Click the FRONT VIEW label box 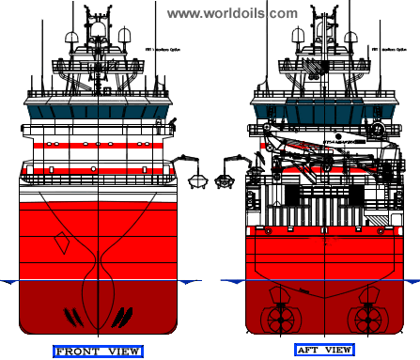coord(97,352)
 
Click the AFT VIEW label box coord(324,351)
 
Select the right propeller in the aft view coord(364,318)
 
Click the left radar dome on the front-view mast coord(72,39)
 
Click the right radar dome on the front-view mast coord(123,39)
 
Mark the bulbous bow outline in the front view coord(98,301)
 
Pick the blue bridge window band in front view coord(97,109)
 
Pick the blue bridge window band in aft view coord(325,109)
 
